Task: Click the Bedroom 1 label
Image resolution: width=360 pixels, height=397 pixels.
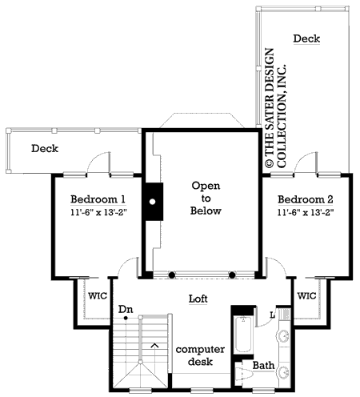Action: [x=98, y=199]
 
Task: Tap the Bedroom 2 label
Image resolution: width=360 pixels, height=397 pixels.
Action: [x=306, y=199]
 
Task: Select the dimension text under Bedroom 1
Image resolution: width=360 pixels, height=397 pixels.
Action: [x=98, y=213]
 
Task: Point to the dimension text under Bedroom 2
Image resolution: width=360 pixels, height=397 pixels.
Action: [x=306, y=213]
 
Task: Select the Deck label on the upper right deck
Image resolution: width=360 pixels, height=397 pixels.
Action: [x=307, y=38]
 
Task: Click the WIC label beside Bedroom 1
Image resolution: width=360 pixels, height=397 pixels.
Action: [x=97, y=295]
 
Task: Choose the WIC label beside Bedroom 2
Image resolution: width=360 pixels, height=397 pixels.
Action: [x=306, y=295]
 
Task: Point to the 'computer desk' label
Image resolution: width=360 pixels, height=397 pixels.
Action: [x=200, y=356]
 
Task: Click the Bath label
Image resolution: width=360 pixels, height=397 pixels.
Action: [x=264, y=366]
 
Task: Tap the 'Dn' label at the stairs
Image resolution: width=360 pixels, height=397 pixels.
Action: [x=126, y=309]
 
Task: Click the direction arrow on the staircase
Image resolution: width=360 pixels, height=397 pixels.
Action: [x=154, y=345]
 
